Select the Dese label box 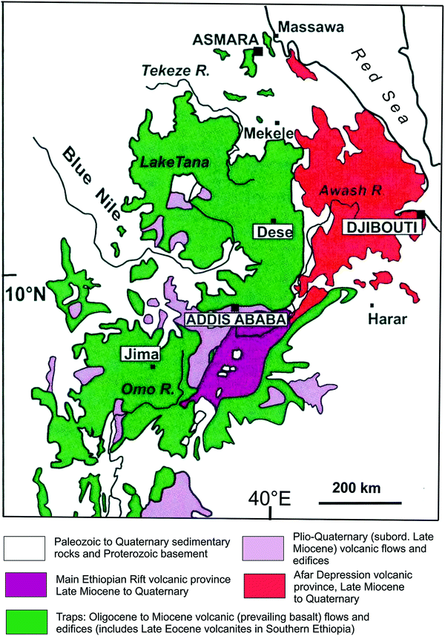coord(271,232)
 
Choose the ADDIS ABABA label coord(234,320)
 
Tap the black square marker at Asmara coord(258,51)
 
